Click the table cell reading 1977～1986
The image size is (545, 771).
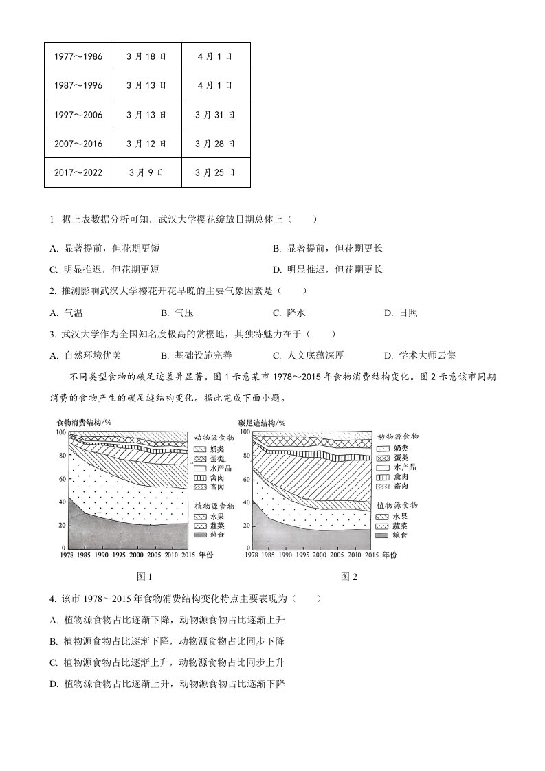click(x=78, y=56)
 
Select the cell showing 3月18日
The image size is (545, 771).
click(x=146, y=56)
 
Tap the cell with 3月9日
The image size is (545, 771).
click(x=146, y=172)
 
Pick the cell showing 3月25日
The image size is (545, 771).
click(x=215, y=172)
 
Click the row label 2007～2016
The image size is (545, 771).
click(x=78, y=143)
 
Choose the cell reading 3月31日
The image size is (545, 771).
click(x=215, y=114)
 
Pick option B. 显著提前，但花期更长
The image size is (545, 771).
click(x=328, y=248)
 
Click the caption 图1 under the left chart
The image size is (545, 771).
click(x=144, y=577)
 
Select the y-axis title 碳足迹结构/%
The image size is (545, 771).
click(x=262, y=422)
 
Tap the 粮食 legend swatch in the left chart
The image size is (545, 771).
click(x=201, y=534)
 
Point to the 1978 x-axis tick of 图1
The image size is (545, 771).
click(x=67, y=554)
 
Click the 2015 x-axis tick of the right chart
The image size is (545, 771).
click(x=371, y=554)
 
